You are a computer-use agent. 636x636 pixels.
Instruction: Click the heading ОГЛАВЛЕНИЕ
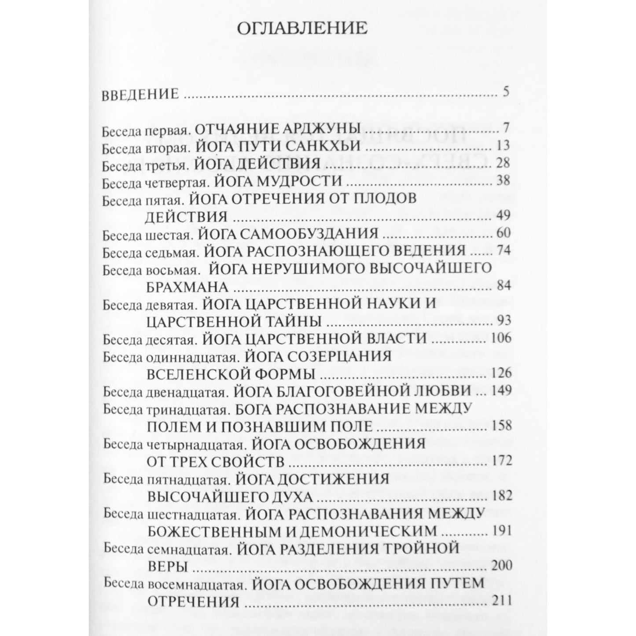301,29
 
